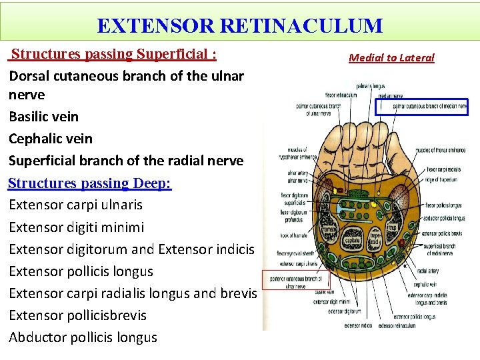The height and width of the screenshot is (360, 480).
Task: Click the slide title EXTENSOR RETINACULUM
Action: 239,26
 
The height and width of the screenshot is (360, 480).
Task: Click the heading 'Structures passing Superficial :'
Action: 113,53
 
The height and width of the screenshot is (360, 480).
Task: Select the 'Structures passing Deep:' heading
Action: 90,183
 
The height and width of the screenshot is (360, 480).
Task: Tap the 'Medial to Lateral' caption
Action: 391,57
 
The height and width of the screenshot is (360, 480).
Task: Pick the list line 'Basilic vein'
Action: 43,117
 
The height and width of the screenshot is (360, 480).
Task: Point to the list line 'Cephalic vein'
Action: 51,139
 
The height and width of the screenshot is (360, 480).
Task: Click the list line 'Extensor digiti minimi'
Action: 76,227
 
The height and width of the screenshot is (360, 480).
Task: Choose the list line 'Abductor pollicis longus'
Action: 83,337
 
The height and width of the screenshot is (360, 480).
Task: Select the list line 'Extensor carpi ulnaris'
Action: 75,204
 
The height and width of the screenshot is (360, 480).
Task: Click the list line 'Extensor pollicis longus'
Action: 81,271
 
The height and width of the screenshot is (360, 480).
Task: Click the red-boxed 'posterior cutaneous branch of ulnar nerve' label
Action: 296,282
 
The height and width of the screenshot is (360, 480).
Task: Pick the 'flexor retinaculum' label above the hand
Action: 341,95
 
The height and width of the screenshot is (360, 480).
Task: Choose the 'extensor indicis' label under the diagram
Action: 358,326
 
